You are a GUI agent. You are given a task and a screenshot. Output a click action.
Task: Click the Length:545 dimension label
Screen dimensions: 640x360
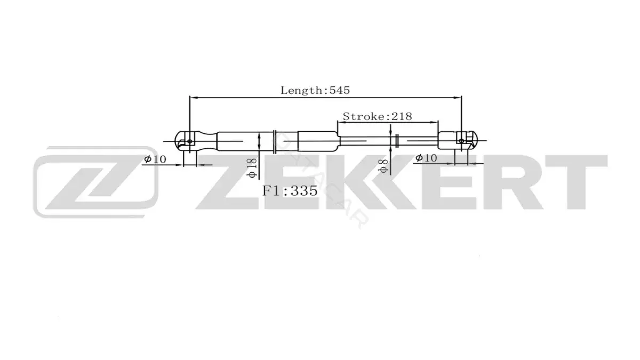(x=315, y=90)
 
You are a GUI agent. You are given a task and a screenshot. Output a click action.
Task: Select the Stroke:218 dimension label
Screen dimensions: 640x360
(x=377, y=117)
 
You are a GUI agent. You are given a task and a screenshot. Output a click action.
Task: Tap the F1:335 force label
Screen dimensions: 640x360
(x=290, y=191)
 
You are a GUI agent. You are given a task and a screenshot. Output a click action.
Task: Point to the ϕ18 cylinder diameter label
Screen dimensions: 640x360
(x=252, y=168)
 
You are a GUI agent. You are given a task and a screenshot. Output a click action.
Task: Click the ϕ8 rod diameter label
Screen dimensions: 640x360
(x=383, y=166)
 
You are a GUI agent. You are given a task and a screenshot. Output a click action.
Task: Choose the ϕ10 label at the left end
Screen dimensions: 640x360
(x=155, y=159)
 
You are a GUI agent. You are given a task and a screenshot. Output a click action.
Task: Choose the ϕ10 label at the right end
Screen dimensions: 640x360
(x=426, y=157)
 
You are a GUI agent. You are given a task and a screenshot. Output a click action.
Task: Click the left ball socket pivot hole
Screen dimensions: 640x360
(x=190, y=141)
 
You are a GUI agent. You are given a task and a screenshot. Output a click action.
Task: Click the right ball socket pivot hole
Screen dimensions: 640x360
(x=461, y=141)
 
